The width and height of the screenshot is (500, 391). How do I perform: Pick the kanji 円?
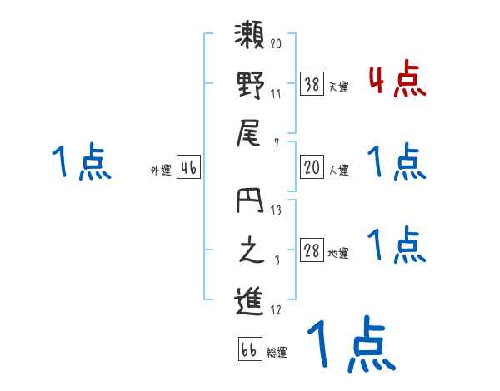252,204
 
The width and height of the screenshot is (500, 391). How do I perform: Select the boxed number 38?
312,83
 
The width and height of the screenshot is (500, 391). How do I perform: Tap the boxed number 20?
312,167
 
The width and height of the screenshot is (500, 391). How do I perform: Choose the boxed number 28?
312,250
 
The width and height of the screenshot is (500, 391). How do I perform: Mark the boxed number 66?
249,349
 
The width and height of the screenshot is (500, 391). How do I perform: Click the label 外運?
160,171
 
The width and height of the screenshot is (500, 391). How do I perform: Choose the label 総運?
277,353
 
